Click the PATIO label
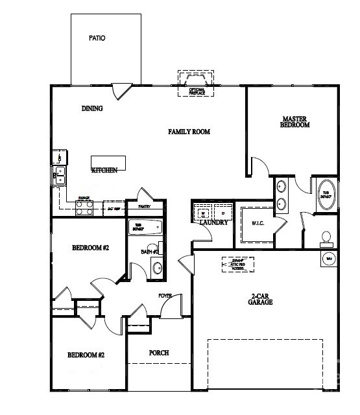tap(97, 38)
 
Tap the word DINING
tap(91, 108)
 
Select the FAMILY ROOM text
tap(189, 132)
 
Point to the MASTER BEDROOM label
tap(294, 122)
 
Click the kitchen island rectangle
tap(107, 161)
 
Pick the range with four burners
tap(84, 207)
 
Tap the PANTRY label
tap(144, 207)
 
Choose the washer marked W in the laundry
tap(202, 213)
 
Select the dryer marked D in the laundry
tap(222, 213)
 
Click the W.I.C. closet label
tap(256, 224)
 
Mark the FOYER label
tap(165, 296)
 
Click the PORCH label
tap(158, 353)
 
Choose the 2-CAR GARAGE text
tap(261, 299)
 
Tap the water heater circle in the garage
tap(328, 259)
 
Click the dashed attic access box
tap(237, 265)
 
